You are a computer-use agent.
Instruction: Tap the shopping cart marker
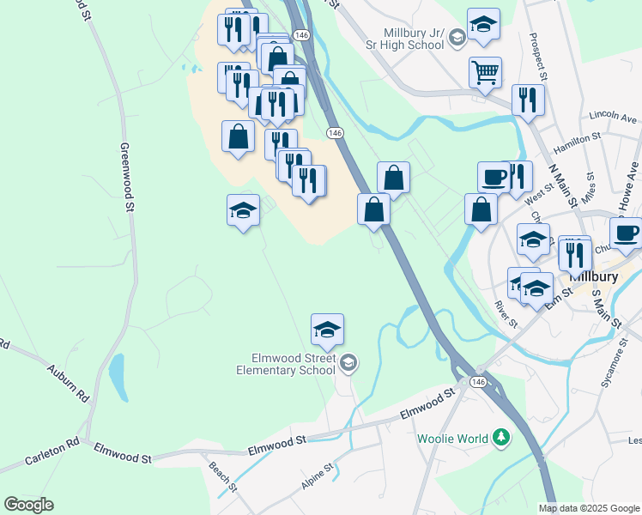click(x=485, y=72)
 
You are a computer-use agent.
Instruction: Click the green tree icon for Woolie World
click(x=500, y=439)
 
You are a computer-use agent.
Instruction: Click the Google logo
click(x=28, y=505)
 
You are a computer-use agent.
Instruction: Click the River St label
click(x=506, y=313)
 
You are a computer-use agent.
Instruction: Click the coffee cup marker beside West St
click(x=494, y=177)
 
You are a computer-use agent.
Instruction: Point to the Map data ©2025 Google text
click(x=590, y=508)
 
